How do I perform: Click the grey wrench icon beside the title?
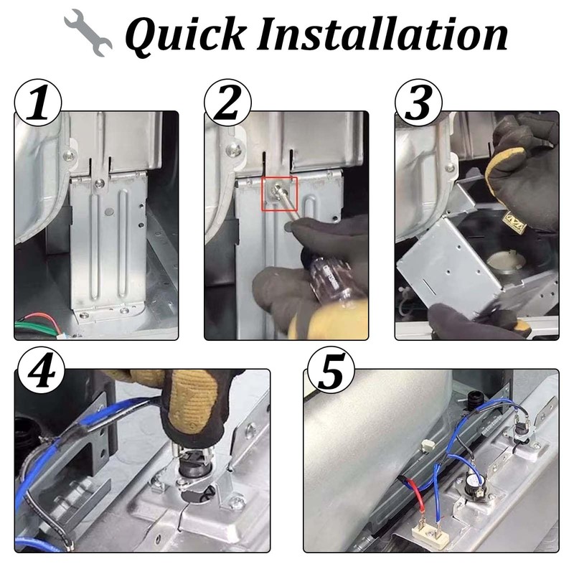tap(88, 32)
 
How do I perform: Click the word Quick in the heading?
tap(186, 35)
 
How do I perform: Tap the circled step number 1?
tap(38, 103)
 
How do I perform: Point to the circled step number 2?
tap(227, 103)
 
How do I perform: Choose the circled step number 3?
tap(418, 103)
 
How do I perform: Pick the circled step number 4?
tap(42, 370)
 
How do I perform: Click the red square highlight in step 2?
tap(279, 194)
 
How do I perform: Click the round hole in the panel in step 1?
tap(109, 211)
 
